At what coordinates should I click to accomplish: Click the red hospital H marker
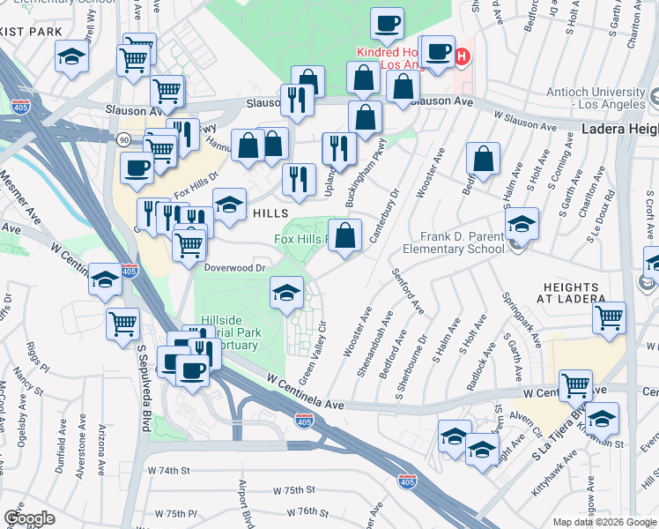[x=462, y=57]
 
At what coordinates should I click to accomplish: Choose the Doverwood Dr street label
[x=235, y=267]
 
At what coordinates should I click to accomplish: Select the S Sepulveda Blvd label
[x=142, y=388]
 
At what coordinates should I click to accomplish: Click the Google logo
[x=30, y=518]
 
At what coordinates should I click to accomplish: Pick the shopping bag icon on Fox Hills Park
[x=344, y=235]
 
